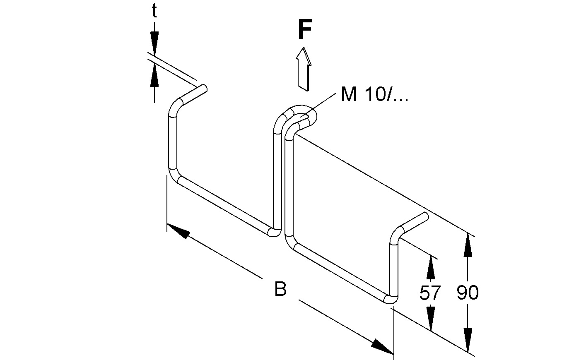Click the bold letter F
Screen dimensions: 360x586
coord(304,31)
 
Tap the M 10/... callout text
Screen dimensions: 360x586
coord(374,95)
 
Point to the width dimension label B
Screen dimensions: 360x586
coord(280,289)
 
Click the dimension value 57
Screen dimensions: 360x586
coord(430,293)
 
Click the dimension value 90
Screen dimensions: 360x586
coord(468,293)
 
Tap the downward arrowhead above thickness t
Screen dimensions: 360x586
coord(154,43)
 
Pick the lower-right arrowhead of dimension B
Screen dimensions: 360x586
coord(382,346)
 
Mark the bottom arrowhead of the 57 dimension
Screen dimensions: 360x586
coord(431,319)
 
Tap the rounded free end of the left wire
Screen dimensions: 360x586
coord(203,88)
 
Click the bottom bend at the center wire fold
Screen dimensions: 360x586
coord(275,232)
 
